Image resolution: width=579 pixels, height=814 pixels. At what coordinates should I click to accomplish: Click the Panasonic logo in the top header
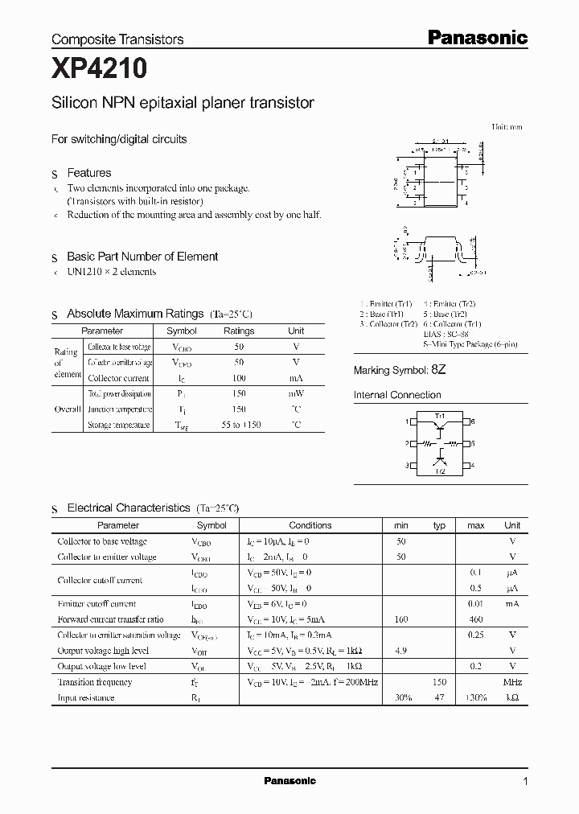click(x=476, y=37)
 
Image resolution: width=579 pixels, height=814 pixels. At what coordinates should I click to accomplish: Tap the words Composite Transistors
click(x=117, y=39)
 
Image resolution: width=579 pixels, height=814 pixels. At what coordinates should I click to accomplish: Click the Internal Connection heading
click(x=397, y=395)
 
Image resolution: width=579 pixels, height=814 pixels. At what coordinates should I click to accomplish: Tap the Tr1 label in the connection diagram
click(x=439, y=415)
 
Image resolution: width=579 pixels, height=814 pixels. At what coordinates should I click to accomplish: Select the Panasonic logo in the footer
click(x=289, y=781)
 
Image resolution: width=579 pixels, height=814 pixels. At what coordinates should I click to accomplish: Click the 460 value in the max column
click(x=476, y=619)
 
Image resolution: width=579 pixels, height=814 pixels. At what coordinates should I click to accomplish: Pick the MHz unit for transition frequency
click(x=511, y=682)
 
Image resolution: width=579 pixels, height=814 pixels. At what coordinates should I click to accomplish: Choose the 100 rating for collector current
click(x=238, y=378)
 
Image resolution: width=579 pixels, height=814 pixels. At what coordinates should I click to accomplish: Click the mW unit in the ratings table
click(x=296, y=393)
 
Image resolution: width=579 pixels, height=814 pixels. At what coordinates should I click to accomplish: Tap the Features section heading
click(x=88, y=173)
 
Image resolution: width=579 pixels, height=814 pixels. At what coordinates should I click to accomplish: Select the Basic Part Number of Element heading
click(x=142, y=257)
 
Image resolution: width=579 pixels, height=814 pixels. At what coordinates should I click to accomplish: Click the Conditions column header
click(x=310, y=525)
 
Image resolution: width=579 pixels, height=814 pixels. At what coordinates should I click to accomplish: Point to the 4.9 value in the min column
click(x=400, y=651)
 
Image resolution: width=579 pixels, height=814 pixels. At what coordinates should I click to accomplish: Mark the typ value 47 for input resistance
click(x=439, y=697)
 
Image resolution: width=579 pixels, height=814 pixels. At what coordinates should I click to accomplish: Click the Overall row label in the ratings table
click(x=67, y=409)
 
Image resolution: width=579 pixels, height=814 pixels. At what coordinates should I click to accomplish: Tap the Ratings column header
click(x=238, y=331)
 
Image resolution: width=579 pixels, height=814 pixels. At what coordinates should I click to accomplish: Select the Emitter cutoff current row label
click(x=96, y=604)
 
